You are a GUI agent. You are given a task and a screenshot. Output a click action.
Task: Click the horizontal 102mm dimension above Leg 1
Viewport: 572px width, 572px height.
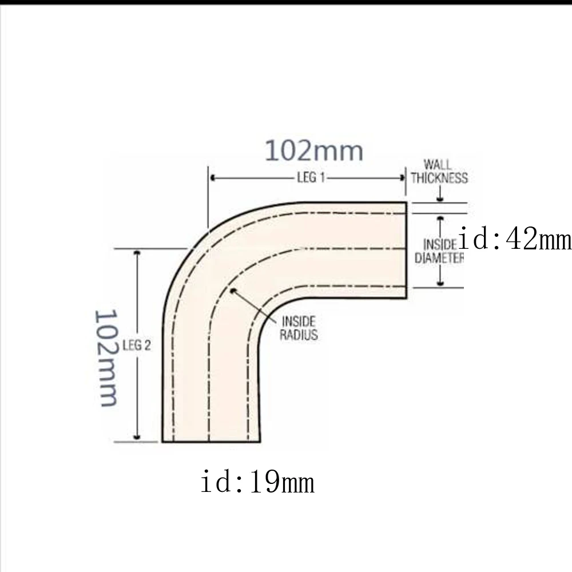[x=313, y=151]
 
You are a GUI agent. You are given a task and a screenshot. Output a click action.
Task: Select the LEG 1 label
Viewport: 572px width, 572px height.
[x=311, y=178]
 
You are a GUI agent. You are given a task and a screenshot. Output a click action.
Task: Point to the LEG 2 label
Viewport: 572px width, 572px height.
[x=137, y=345]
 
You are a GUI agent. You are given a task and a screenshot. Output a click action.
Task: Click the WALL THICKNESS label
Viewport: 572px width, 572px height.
[x=439, y=172]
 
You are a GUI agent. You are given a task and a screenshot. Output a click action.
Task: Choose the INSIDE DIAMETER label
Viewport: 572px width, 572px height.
[x=439, y=251]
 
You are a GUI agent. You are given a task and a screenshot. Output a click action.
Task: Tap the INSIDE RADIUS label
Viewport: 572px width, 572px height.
[x=298, y=328]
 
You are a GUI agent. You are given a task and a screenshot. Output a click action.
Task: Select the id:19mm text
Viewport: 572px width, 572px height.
[x=257, y=482]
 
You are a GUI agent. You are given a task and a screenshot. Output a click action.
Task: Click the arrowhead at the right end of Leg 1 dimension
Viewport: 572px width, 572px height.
[x=402, y=178]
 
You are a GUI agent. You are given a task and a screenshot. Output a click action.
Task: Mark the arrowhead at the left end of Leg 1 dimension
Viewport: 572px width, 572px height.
[x=213, y=178]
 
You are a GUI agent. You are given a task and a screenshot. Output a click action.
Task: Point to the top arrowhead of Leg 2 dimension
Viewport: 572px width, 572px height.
[x=137, y=253]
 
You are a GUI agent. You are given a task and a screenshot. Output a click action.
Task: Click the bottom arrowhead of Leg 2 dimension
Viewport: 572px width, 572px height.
[x=137, y=437]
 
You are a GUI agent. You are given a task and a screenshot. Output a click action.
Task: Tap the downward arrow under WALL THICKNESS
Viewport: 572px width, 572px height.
[x=440, y=197]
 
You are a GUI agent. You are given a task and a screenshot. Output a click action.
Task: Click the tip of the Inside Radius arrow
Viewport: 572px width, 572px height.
[x=233, y=291]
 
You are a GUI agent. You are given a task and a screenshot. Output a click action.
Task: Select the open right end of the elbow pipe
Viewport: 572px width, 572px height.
[x=406, y=250]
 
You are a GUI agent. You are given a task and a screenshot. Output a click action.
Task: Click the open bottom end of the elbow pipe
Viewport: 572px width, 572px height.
[x=211, y=442]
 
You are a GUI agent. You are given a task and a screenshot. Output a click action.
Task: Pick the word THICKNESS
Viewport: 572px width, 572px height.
[x=439, y=178]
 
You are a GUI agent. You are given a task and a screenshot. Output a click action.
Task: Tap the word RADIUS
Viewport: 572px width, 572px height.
[x=298, y=335]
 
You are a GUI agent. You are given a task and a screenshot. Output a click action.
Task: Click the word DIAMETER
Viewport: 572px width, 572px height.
[x=439, y=258]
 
